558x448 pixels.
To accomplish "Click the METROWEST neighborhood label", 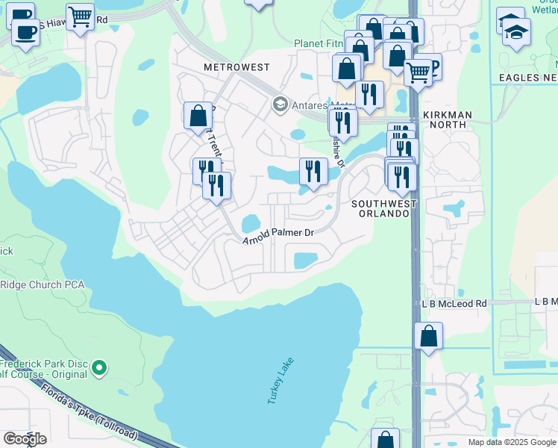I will point(236,67).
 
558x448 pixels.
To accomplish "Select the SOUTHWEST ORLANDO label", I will point(380,208).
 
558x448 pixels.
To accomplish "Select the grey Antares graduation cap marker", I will point(280,103).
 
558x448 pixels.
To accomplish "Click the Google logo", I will point(25,439).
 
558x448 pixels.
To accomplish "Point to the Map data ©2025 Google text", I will point(511,442).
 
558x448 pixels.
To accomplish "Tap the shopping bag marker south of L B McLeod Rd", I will point(429,336).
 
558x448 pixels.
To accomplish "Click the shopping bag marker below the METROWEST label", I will point(198,116).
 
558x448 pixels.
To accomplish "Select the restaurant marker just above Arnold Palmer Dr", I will point(313,171).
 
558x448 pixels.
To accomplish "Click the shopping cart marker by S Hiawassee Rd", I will point(80,15).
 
